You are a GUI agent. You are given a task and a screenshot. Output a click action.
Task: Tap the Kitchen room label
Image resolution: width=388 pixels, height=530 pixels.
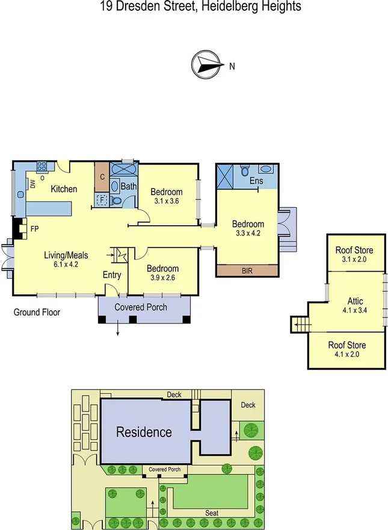(64, 189)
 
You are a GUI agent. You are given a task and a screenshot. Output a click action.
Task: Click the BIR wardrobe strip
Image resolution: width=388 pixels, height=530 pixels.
(247, 271)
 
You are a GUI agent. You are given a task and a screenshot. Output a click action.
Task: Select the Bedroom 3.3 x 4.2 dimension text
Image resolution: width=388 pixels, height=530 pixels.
(247, 232)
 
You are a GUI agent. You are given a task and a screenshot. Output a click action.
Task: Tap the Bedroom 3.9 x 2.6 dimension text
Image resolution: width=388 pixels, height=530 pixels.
(162, 278)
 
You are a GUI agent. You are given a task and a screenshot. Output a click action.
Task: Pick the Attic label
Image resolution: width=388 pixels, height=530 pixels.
(355, 300)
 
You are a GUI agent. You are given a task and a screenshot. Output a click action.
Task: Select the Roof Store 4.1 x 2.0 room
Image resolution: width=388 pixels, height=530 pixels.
(346, 350)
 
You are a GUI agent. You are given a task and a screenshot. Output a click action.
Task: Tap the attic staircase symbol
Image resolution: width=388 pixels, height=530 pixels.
(300, 325)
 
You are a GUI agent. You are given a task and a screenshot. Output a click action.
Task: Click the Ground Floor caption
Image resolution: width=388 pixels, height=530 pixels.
(37, 313)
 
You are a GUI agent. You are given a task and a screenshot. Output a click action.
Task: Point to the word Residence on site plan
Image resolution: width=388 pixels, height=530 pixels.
(144, 432)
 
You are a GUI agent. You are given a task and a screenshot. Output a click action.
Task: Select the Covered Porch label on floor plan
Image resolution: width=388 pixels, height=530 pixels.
(142, 307)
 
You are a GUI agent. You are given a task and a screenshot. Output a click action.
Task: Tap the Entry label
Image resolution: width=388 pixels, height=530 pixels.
(112, 275)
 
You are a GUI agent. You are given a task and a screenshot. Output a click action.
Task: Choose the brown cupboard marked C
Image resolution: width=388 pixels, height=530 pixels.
(102, 176)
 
